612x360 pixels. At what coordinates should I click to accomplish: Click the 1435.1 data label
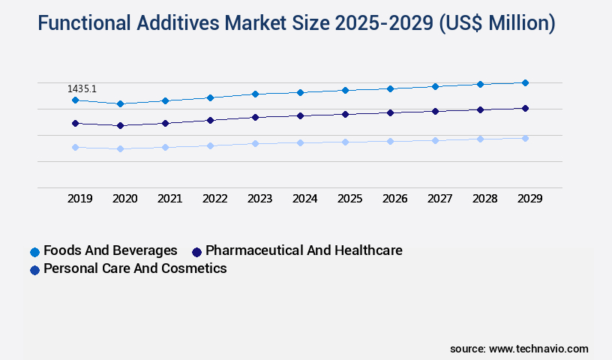(82, 88)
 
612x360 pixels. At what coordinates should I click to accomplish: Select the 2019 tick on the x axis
(80, 199)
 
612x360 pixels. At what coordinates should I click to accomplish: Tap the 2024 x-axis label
(305, 199)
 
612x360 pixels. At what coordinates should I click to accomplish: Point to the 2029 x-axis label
(529, 199)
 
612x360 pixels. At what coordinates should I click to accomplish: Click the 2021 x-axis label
(170, 199)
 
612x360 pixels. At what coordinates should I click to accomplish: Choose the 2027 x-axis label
(439, 199)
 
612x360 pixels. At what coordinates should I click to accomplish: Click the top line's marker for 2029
(525, 82)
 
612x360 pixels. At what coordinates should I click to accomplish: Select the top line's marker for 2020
(120, 103)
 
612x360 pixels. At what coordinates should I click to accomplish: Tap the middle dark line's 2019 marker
(75, 123)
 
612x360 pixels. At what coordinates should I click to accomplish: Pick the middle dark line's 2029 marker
(525, 108)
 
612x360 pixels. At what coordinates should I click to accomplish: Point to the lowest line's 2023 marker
(255, 143)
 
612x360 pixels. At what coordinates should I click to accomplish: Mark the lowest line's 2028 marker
(480, 139)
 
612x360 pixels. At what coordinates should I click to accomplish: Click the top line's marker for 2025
(345, 90)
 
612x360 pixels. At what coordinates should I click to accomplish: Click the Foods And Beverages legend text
(110, 250)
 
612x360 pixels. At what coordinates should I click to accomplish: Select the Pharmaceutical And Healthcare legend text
(304, 250)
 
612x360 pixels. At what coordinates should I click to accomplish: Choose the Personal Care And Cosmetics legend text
(135, 268)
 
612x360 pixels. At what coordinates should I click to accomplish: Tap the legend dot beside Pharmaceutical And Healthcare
(197, 251)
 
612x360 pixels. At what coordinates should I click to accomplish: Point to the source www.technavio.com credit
(519, 349)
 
